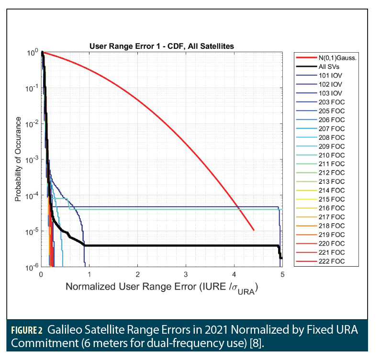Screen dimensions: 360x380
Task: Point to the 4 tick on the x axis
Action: pyautogui.click(x=234, y=275)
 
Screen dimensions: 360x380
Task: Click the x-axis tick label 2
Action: pyautogui.click(x=138, y=275)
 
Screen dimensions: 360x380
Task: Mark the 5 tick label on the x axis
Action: pyautogui.click(x=282, y=275)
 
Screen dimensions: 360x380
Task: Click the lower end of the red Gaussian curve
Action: pyautogui.click(x=254, y=230)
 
